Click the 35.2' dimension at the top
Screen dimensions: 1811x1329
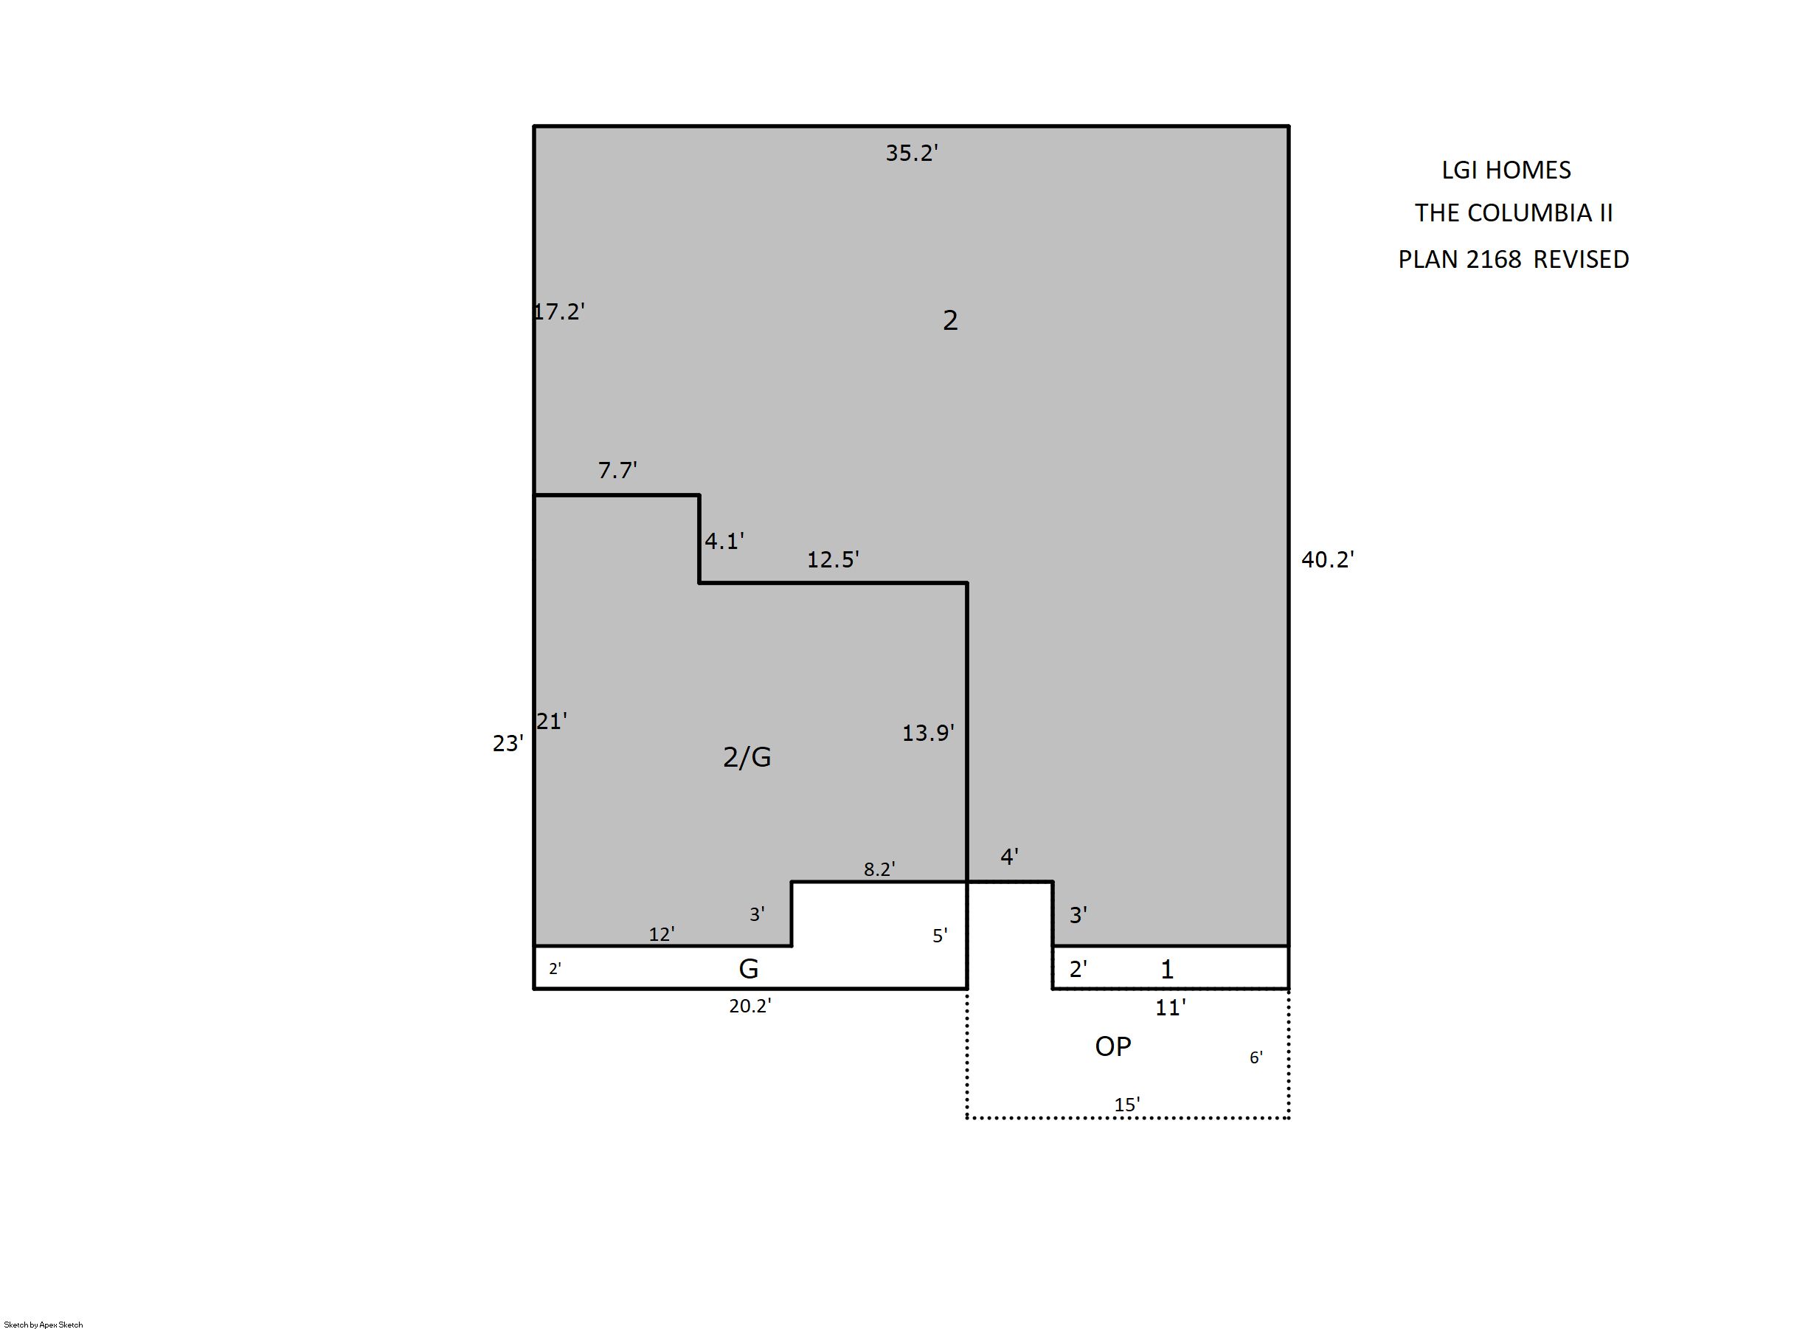[x=912, y=153]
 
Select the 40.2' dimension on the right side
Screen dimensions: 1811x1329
[x=1328, y=559]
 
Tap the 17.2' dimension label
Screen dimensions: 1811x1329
[x=559, y=311]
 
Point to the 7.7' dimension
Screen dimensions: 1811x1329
[x=617, y=470]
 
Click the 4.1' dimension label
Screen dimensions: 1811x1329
[x=724, y=541]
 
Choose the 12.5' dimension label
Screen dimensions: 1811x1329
[x=833, y=559]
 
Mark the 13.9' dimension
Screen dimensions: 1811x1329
[x=928, y=733]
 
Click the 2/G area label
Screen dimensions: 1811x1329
[x=747, y=757]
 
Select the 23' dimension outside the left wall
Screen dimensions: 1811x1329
[x=508, y=743]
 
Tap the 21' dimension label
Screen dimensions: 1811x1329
[x=552, y=722]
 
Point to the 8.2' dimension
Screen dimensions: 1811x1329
[x=880, y=869]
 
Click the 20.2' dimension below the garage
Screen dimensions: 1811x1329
[x=750, y=1006]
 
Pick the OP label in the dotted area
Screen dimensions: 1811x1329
[x=1113, y=1046]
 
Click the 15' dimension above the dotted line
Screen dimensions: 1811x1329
[x=1126, y=1105]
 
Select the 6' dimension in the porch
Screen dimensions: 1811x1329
[x=1256, y=1057]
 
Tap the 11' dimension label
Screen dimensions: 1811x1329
[x=1171, y=1007]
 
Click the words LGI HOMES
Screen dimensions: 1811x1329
[x=1506, y=170]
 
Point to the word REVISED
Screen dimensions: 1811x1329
[x=1581, y=259]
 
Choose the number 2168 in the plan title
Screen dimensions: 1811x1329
[x=1493, y=259]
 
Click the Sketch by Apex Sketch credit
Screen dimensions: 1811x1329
[x=44, y=1324]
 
